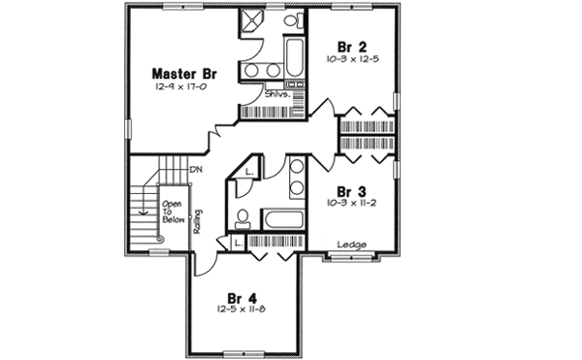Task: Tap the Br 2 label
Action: pos(350,47)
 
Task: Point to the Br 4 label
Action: pos(242,297)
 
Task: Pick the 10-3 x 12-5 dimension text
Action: pos(350,60)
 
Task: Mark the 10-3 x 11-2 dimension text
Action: pos(350,205)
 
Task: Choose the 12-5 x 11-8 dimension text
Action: pos(242,310)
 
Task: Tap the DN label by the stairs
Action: pos(195,171)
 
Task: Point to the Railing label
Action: pos(197,221)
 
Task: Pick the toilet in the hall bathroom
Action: pos(245,215)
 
